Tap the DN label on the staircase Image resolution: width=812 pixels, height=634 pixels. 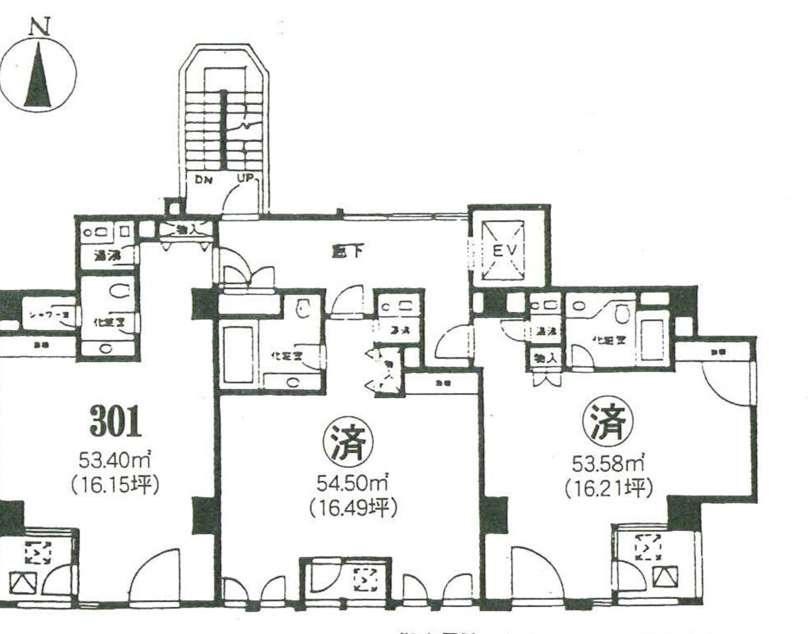click(x=204, y=181)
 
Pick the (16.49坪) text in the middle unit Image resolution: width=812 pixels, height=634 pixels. click(x=351, y=507)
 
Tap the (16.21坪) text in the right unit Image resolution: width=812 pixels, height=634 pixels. click(x=607, y=487)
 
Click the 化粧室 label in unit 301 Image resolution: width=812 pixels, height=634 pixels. click(x=108, y=322)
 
